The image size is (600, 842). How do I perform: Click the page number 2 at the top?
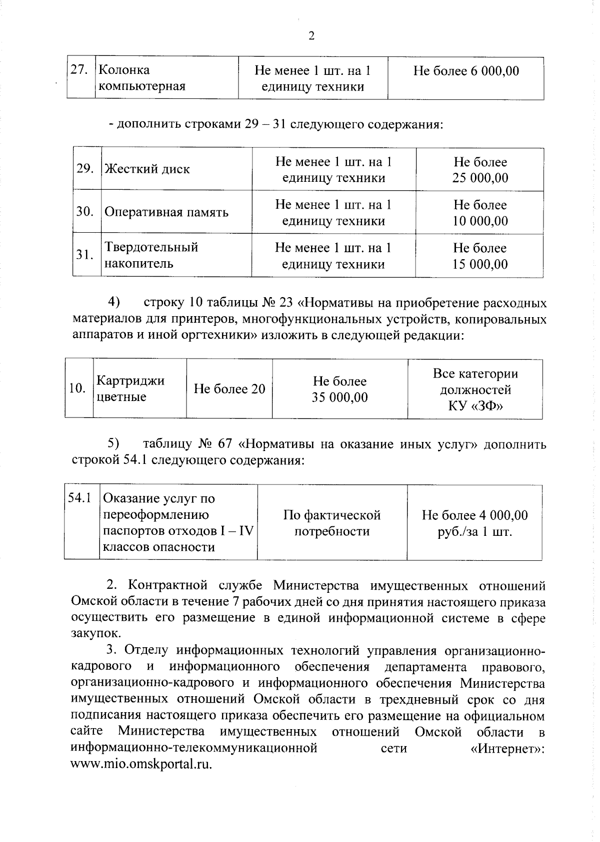pos(311,36)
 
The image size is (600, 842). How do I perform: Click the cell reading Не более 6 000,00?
pos(465,71)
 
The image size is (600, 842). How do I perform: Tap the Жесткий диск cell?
pos(147,169)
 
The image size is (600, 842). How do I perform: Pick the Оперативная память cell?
pos(166,212)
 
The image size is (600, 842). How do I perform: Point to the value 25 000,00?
pos(480,178)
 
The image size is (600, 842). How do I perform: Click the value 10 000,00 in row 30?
pos(480,221)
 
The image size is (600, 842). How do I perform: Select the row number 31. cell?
pos(85,255)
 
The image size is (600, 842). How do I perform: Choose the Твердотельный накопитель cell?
pos(151,255)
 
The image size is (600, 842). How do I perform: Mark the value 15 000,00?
pos(480,264)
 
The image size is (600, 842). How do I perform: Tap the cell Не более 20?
pos(229,389)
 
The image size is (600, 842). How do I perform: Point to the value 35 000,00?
pos(339,398)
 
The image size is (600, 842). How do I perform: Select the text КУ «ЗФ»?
pos(475,406)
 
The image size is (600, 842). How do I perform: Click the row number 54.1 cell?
pos(80,498)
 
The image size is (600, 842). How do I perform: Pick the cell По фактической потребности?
pos(332,523)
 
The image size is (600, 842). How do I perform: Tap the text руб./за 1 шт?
pos(474,531)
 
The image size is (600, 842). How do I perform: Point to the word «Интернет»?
pos(507,749)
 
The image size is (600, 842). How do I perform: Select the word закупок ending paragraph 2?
pos(95,634)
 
